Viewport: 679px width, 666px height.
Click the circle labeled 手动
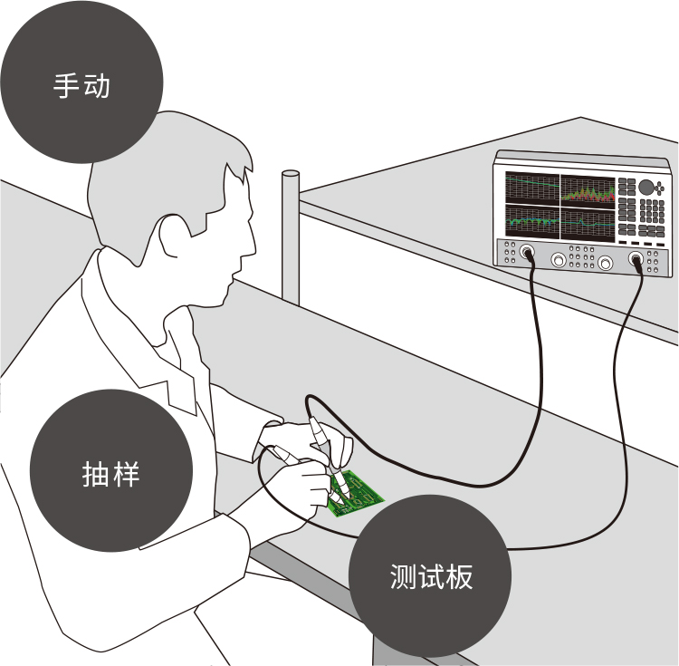(x=81, y=82)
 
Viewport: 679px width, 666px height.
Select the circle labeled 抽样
(x=111, y=470)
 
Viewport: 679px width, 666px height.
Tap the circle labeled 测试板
(x=430, y=576)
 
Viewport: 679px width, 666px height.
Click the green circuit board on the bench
(x=356, y=494)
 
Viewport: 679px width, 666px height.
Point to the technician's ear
(x=170, y=236)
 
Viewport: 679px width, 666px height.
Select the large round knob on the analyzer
(x=646, y=187)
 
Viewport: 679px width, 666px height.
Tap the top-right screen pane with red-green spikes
(x=588, y=191)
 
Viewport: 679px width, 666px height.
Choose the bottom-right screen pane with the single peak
(x=588, y=225)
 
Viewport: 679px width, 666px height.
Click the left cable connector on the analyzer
(x=527, y=252)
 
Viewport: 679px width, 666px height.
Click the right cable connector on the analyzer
(x=636, y=259)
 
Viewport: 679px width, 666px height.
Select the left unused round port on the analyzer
(x=559, y=260)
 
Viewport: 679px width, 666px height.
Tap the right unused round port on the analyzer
(x=605, y=263)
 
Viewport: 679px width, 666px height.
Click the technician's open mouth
(x=236, y=275)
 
